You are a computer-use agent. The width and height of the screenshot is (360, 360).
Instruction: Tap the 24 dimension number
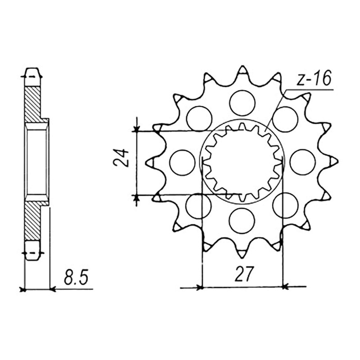pos(121,158)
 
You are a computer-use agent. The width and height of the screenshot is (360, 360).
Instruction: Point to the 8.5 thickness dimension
pos(76,277)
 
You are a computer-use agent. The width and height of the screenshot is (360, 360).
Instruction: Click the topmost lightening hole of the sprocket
pos(243,103)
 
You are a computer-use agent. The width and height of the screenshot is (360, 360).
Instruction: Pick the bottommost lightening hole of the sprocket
pos(242,221)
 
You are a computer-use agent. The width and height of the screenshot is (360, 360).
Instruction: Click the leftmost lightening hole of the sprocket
pos(182,162)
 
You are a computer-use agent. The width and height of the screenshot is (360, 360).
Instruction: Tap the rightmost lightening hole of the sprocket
pos(302,162)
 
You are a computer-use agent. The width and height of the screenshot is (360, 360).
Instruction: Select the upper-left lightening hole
pos(199,119)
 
